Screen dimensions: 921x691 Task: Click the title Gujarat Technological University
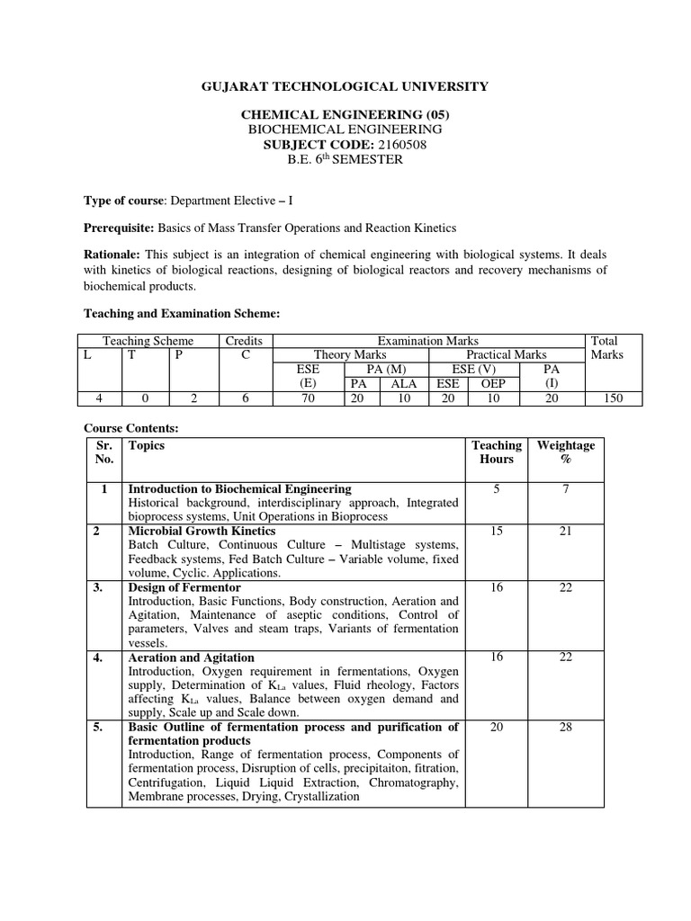click(345, 86)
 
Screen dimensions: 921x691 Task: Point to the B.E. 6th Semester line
click(345, 159)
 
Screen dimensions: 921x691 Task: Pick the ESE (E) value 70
click(307, 398)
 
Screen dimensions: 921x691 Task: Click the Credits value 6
click(245, 398)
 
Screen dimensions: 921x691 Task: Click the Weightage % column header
click(565, 452)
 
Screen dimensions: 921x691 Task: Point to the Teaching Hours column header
click(496, 452)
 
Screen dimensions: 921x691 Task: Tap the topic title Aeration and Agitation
click(192, 657)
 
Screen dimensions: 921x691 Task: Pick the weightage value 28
click(565, 727)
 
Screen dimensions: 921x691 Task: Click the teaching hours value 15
click(496, 532)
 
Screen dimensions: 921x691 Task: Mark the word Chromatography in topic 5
click(413, 782)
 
